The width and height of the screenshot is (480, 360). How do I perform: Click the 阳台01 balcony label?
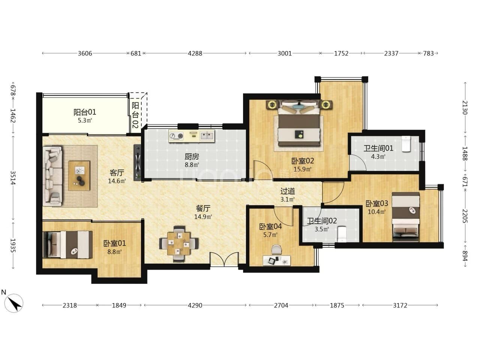click(85, 112)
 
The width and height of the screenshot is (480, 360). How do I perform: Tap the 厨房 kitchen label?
click(192, 157)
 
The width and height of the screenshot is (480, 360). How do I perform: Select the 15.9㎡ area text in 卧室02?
click(302, 169)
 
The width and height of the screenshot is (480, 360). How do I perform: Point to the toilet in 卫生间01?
click(406, 144)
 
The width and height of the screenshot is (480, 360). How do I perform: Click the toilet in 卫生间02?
click(342, 234)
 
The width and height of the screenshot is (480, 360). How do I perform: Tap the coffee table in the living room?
click(79, 176)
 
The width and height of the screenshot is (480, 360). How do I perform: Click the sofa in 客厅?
click(52, 176)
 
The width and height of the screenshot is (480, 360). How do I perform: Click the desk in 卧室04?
click(277, 261)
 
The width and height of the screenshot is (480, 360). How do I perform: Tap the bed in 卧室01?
click(68, 244)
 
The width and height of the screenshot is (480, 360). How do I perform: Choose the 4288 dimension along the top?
click(195, 53)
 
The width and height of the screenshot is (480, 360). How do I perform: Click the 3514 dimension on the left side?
click(13, 177)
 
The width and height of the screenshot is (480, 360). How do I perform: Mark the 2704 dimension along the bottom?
click(281, 305)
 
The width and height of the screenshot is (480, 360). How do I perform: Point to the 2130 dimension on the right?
click(465, 108)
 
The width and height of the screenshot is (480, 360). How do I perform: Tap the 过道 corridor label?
click(288, 191)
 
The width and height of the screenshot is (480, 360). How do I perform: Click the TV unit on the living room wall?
click(138, 163)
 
